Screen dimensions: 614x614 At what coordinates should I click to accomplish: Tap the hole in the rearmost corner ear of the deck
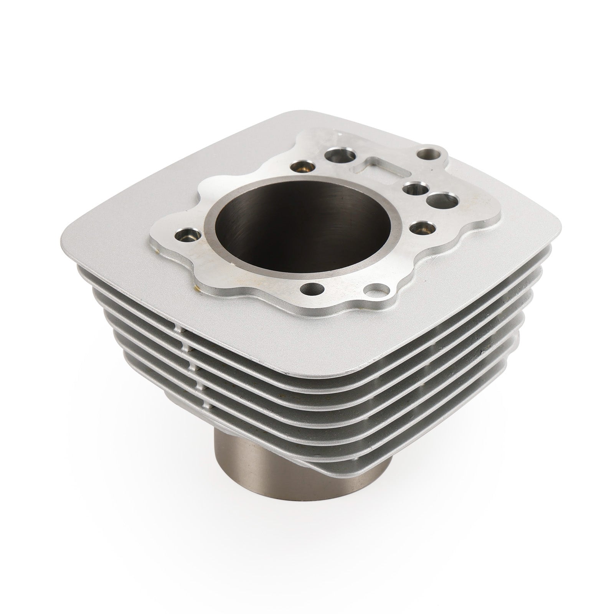[426, 155]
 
